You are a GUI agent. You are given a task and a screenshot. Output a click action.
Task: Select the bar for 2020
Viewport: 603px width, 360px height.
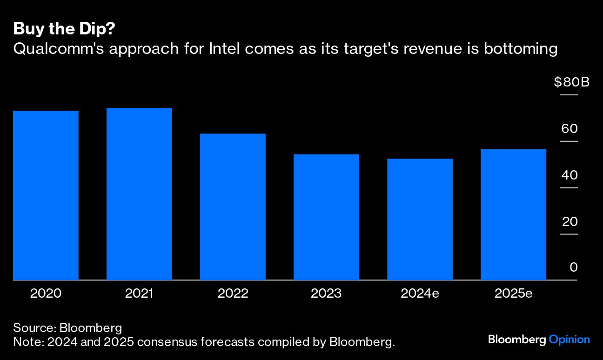click(46, 195)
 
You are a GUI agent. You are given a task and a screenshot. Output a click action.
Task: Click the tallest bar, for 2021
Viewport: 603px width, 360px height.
click(139, 194)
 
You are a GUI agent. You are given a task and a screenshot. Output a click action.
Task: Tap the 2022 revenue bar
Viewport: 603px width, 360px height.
click(233, 207)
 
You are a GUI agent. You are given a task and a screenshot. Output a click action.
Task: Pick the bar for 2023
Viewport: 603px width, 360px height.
click(326, 217)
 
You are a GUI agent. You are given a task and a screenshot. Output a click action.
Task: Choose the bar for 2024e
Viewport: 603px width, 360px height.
click(420, 220)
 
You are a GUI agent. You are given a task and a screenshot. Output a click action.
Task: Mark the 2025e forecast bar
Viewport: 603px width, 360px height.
click(513, 215)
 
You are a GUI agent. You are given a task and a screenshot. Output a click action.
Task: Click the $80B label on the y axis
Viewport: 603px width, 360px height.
click(571, 83)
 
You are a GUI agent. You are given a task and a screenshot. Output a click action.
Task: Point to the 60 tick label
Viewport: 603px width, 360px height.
click(569, 129)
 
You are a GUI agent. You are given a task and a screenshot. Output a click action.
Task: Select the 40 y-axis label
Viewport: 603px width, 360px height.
click(569, 175)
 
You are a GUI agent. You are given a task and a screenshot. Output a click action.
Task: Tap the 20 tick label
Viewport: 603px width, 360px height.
click(569, 222)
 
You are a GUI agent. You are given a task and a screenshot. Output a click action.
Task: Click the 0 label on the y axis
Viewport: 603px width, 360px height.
click(573, 267)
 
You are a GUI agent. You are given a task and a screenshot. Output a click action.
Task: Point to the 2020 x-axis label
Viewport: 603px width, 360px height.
click(46, 293)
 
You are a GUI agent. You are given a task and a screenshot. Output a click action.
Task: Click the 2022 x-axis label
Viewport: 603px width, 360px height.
click(233, 293)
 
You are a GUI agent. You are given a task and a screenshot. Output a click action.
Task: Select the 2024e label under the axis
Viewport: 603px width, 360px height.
click(420, 293)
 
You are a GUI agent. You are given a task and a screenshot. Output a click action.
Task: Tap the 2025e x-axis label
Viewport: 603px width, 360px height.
click(513, 293)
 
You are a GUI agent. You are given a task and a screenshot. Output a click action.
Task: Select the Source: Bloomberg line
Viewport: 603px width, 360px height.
click(67, 327)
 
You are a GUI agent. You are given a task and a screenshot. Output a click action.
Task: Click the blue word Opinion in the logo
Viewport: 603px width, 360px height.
click(569, 340)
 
